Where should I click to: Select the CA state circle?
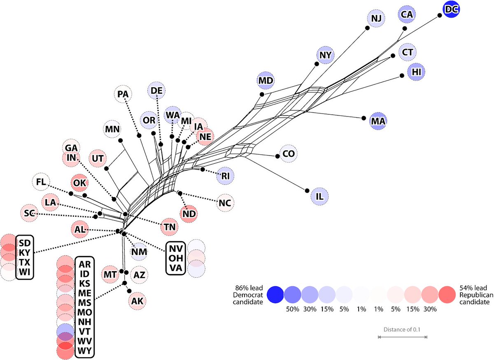coord(407,14)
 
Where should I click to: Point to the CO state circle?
coord(289,154)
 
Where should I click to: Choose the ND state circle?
coord(189,213)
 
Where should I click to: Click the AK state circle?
coord(137,301)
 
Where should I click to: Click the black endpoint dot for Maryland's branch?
coord(261,94)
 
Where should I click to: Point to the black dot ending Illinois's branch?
coord(307,190)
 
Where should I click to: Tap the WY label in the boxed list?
coord(85,351)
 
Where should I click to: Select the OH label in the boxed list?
coord(175,258)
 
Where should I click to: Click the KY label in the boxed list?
coord(25,252)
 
